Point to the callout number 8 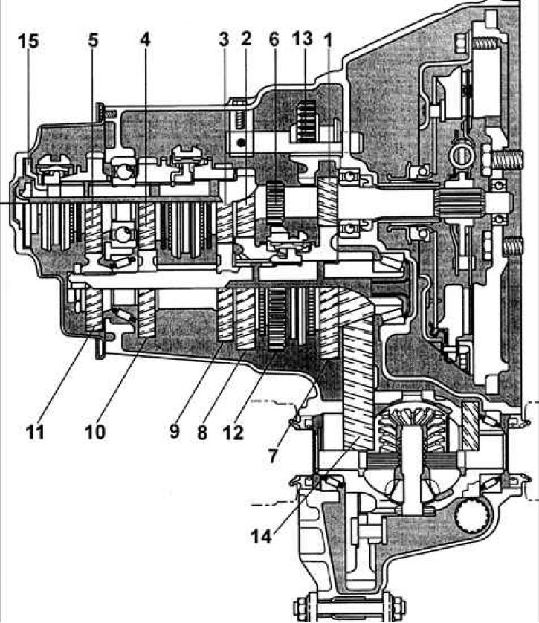tap(209, 431)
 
